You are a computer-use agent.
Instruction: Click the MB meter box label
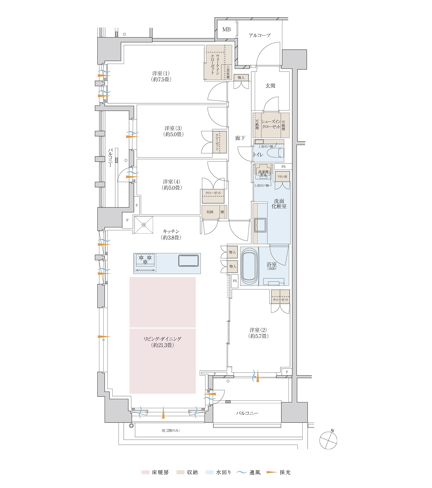pyautogui.click(x=226, y=30)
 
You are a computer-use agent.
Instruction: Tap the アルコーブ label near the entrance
pyautogui.click(x=260, y=35)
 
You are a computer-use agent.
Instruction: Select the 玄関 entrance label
pyautogui.click(x=270, y=86)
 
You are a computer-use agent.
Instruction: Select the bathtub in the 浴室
pyautogui.click(x=250, y=265)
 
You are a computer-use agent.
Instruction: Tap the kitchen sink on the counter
pyautogui.click(x=188, y=261)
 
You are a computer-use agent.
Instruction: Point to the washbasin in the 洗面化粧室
pyautogui.click(x=260, y=225)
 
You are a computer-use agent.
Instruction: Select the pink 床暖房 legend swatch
pyautogui.click(x=145, y=472)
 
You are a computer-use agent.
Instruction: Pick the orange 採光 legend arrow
pyautogui.click(x=272, y=472)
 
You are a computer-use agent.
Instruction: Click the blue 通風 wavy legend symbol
pyautogui.click(x=242, y=472)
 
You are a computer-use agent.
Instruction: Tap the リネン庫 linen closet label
pyautogui.click(x=282, y=176)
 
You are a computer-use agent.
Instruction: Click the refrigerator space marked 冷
pyautogui.click(x=144, y=225)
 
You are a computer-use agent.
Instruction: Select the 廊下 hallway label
pyautogui.click(x=240, y=138)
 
